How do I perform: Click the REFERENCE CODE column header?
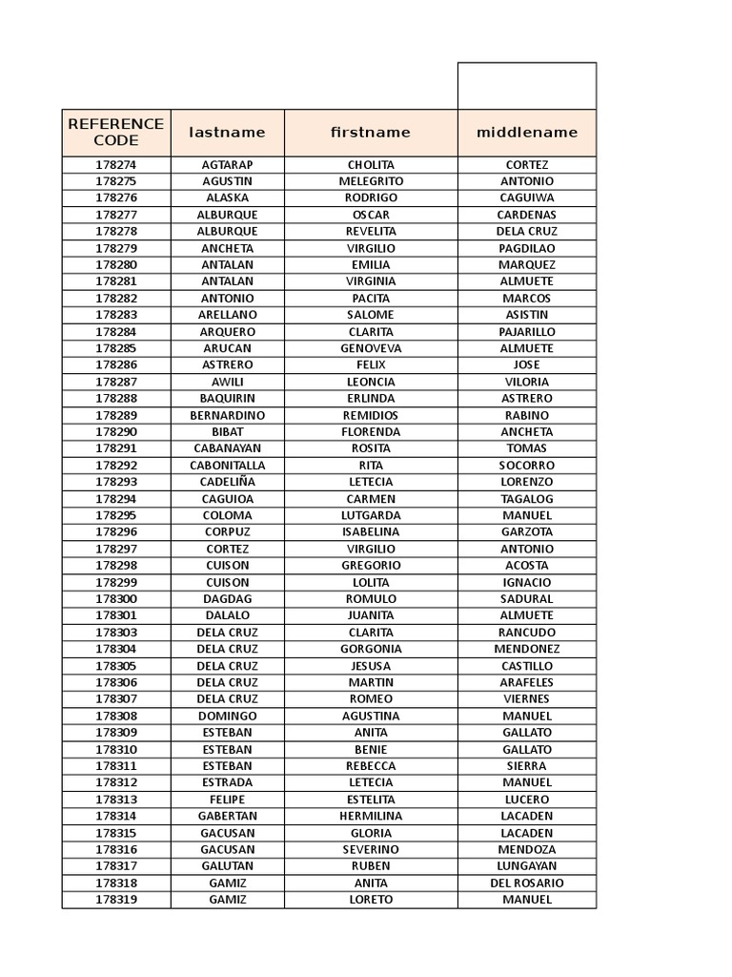click(x=116, y=133)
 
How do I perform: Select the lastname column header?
click(x=227, y=133)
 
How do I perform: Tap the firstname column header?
click(x=371, y=133)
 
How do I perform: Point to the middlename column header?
click(x=527, y=133)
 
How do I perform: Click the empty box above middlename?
click(x=527, y=86)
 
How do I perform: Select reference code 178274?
click(x=116, y=165)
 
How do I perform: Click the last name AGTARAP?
click(x=227, y=165)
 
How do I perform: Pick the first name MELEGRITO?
click(x=371, y=181)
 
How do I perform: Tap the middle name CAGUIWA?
click(x=527, y=197)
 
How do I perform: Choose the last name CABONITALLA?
click(x=227, y=466)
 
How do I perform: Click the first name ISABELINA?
click(x=371, y=531)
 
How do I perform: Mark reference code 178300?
click(x=116, y=599)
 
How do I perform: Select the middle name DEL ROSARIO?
click(x=527, y=883)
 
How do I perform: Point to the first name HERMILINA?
click(x=371, y=816)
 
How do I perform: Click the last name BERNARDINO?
click(x=227, y=415)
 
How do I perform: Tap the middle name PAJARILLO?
click(x=527, y=332)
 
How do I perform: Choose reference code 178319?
click(x=116, y=900)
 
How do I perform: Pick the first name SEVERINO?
click(x=371, y=849)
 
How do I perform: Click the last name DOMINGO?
click(x=227, y=716)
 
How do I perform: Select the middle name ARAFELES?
click(x=527, y=682)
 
